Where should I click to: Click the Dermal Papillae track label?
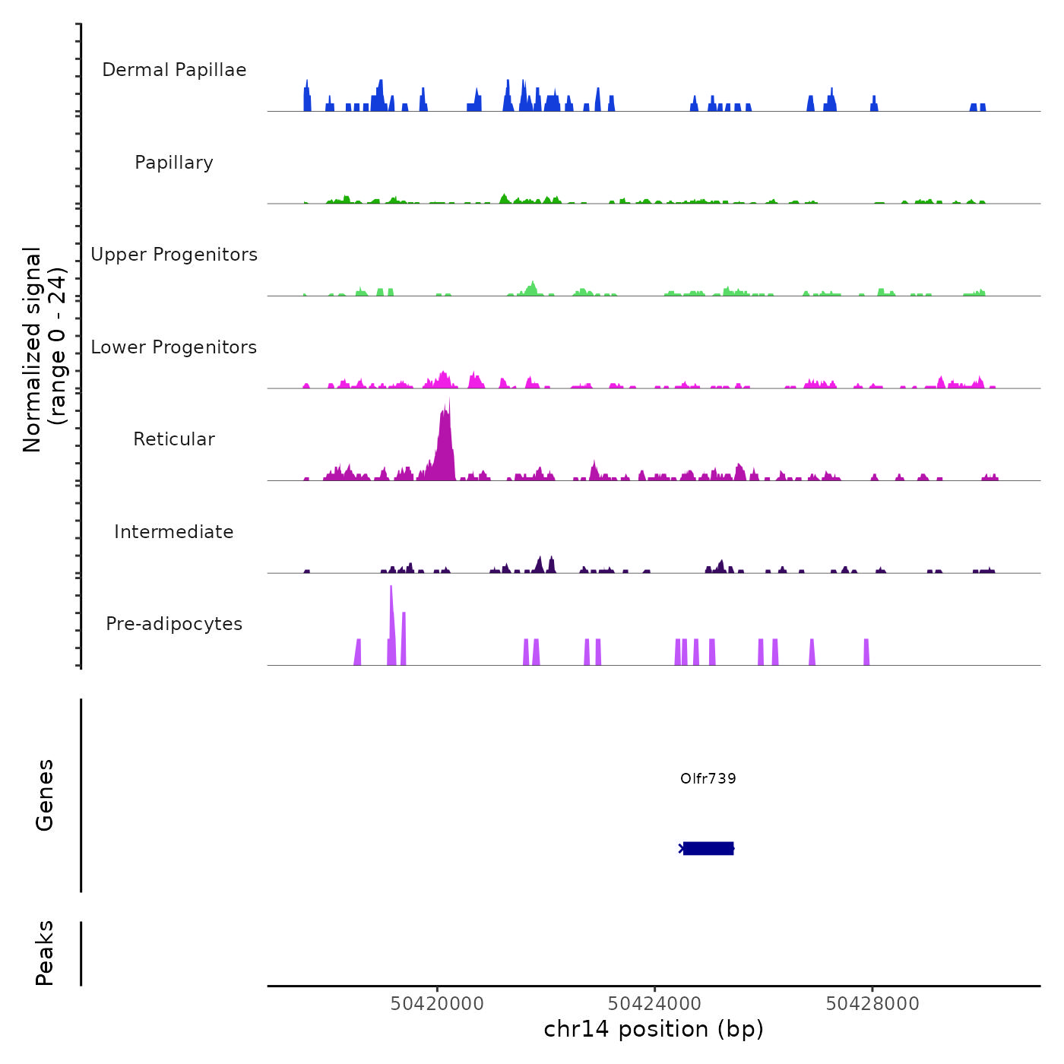[174, 70]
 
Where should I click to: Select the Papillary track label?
[174, 163]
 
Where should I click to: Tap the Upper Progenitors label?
[174, 255]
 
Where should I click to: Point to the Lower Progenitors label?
[174, 347]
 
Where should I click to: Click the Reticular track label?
[174, 439]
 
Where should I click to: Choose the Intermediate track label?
[174, 532]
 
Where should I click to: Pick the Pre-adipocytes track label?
[174, 624]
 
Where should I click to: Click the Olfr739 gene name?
[708, 778]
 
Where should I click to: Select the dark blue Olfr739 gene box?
[708, 848]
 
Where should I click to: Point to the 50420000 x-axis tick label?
[437, 1004]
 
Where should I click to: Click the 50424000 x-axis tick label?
[654, 1004]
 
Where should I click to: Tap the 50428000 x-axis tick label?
[872, 1004]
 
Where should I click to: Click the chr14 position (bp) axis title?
[654, 1029]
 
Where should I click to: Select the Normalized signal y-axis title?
[44, 350]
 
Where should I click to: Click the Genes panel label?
[45, 795]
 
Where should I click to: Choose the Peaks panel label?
[45, 953]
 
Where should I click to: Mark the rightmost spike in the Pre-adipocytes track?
[866, 652]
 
